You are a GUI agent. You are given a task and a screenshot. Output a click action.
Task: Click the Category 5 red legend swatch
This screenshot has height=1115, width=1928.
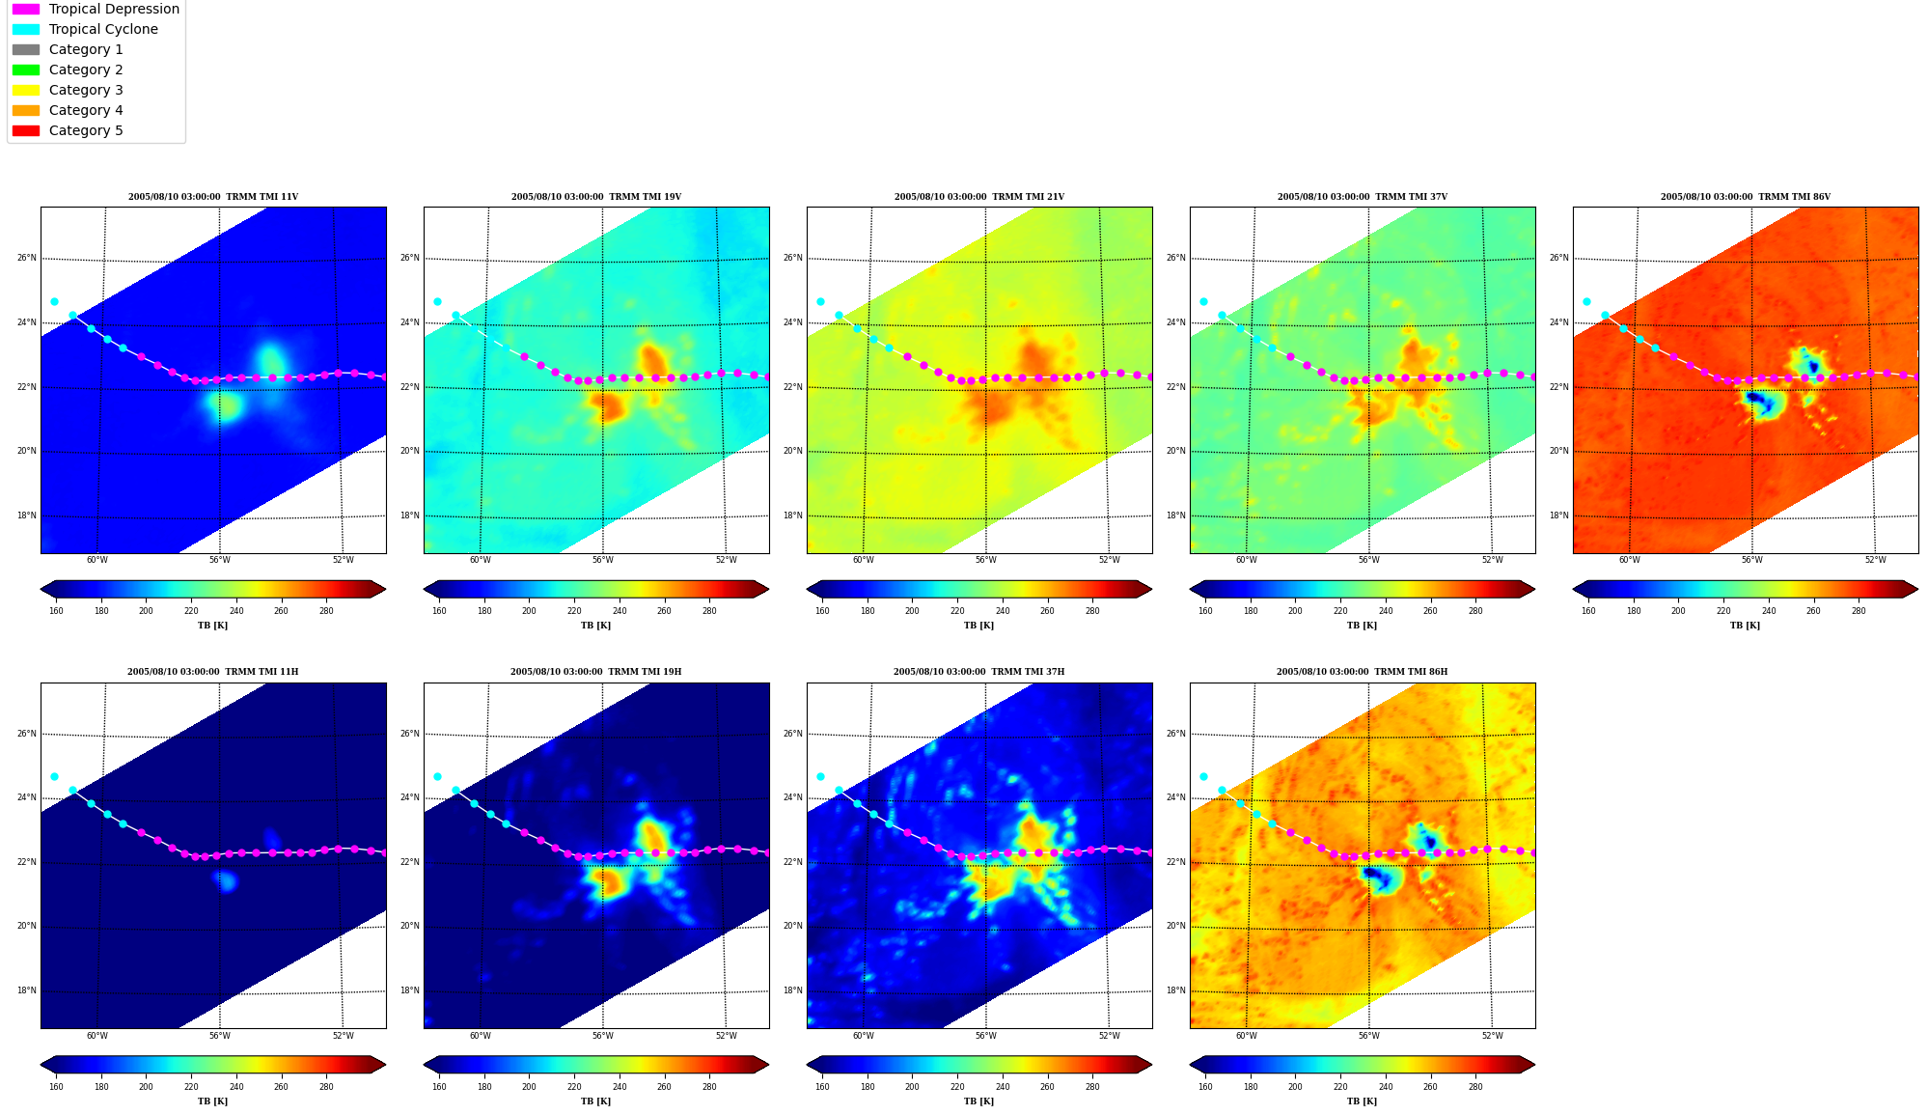pyautogui.click(x=26, y=130)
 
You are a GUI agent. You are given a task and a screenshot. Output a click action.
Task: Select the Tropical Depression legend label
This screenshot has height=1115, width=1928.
pyautogui.click(x=114, y=9)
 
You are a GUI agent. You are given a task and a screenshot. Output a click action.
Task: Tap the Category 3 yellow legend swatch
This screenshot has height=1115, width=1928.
pyautogui.click(x=26, y=90)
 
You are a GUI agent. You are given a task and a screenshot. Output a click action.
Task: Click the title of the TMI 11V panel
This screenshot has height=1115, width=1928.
pyautogui.click(x=213, y=197)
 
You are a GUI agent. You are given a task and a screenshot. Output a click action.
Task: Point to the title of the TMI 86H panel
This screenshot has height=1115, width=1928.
pyautogui.click(x=1362, y=672)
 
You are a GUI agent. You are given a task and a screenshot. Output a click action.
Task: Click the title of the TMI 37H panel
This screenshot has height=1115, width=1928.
pyautogui.click(x=978, y=672)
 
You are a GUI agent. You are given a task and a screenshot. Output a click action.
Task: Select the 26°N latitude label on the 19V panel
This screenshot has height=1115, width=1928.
pyautogui.click(x=410, y=258)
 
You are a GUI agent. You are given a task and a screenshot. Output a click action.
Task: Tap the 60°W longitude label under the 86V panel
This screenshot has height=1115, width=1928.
pyautogui.click(x=1630, y=560)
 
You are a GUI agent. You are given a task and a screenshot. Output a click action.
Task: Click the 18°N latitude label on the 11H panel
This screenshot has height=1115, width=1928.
pyautogui.click(x=27, y=990)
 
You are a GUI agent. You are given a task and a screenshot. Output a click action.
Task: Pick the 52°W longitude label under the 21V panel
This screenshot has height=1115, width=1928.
pyautogui.click(x=1110, y=560)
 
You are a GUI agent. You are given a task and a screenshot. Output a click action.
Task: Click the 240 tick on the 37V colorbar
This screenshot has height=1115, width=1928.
pyautogui.click(x=1386, y=610)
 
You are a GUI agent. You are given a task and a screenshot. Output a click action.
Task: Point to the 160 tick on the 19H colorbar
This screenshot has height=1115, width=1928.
pyautogui.click(x=439, y=1086)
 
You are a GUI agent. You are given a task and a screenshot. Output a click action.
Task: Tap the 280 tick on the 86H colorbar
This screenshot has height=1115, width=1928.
pyautogui.click(x=1475, y=1086)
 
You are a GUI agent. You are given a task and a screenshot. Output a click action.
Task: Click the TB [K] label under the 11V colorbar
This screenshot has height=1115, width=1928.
pyautogui.click(x=213, y=626)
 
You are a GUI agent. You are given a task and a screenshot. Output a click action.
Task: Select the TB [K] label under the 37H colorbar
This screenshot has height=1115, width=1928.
pyautogui.click(x=978, y=1101)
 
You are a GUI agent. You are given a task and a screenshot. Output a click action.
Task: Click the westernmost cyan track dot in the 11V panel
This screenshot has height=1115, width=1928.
pyautogui.click(x=54, y=301)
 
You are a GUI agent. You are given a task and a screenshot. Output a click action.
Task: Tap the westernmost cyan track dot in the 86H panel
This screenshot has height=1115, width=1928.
pyautogui.click(x=1203, y=776)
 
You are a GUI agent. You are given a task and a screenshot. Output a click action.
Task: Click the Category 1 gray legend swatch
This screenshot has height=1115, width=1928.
pyautogui.click(x=26, y=49)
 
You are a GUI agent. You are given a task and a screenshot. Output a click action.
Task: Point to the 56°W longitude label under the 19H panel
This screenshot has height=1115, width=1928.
pyautogui.click(x=603, y=1036)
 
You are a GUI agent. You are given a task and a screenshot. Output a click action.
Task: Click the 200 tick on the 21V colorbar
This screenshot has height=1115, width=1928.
pyautogui.click(x=912, y=610)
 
